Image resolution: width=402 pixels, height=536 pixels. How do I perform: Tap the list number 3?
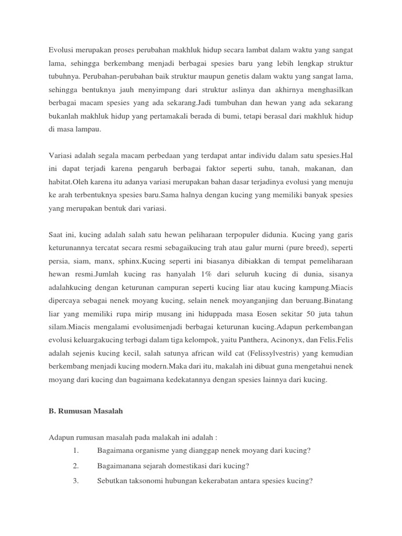tap(76, 482)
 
